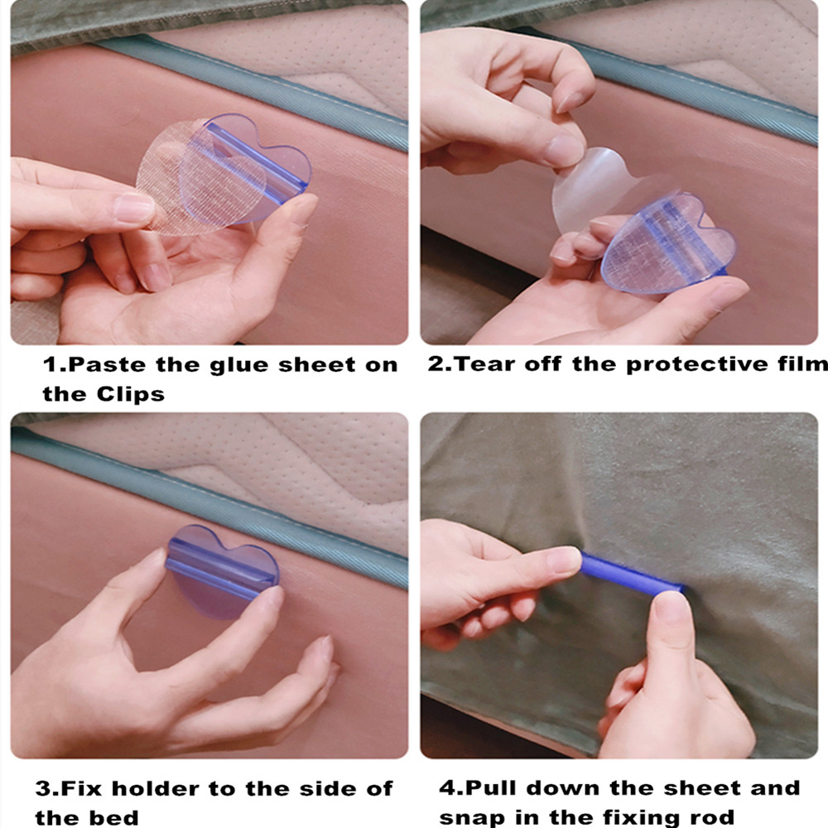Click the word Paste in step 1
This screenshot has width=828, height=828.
click(x=107, y=365)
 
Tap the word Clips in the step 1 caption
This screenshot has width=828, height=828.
click(x=131, y=394)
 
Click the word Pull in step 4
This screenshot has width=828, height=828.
click(x=490, y=788)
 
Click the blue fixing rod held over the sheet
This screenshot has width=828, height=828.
click(x=631, y=574)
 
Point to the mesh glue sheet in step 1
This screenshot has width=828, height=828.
click(x=200, y=177)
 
